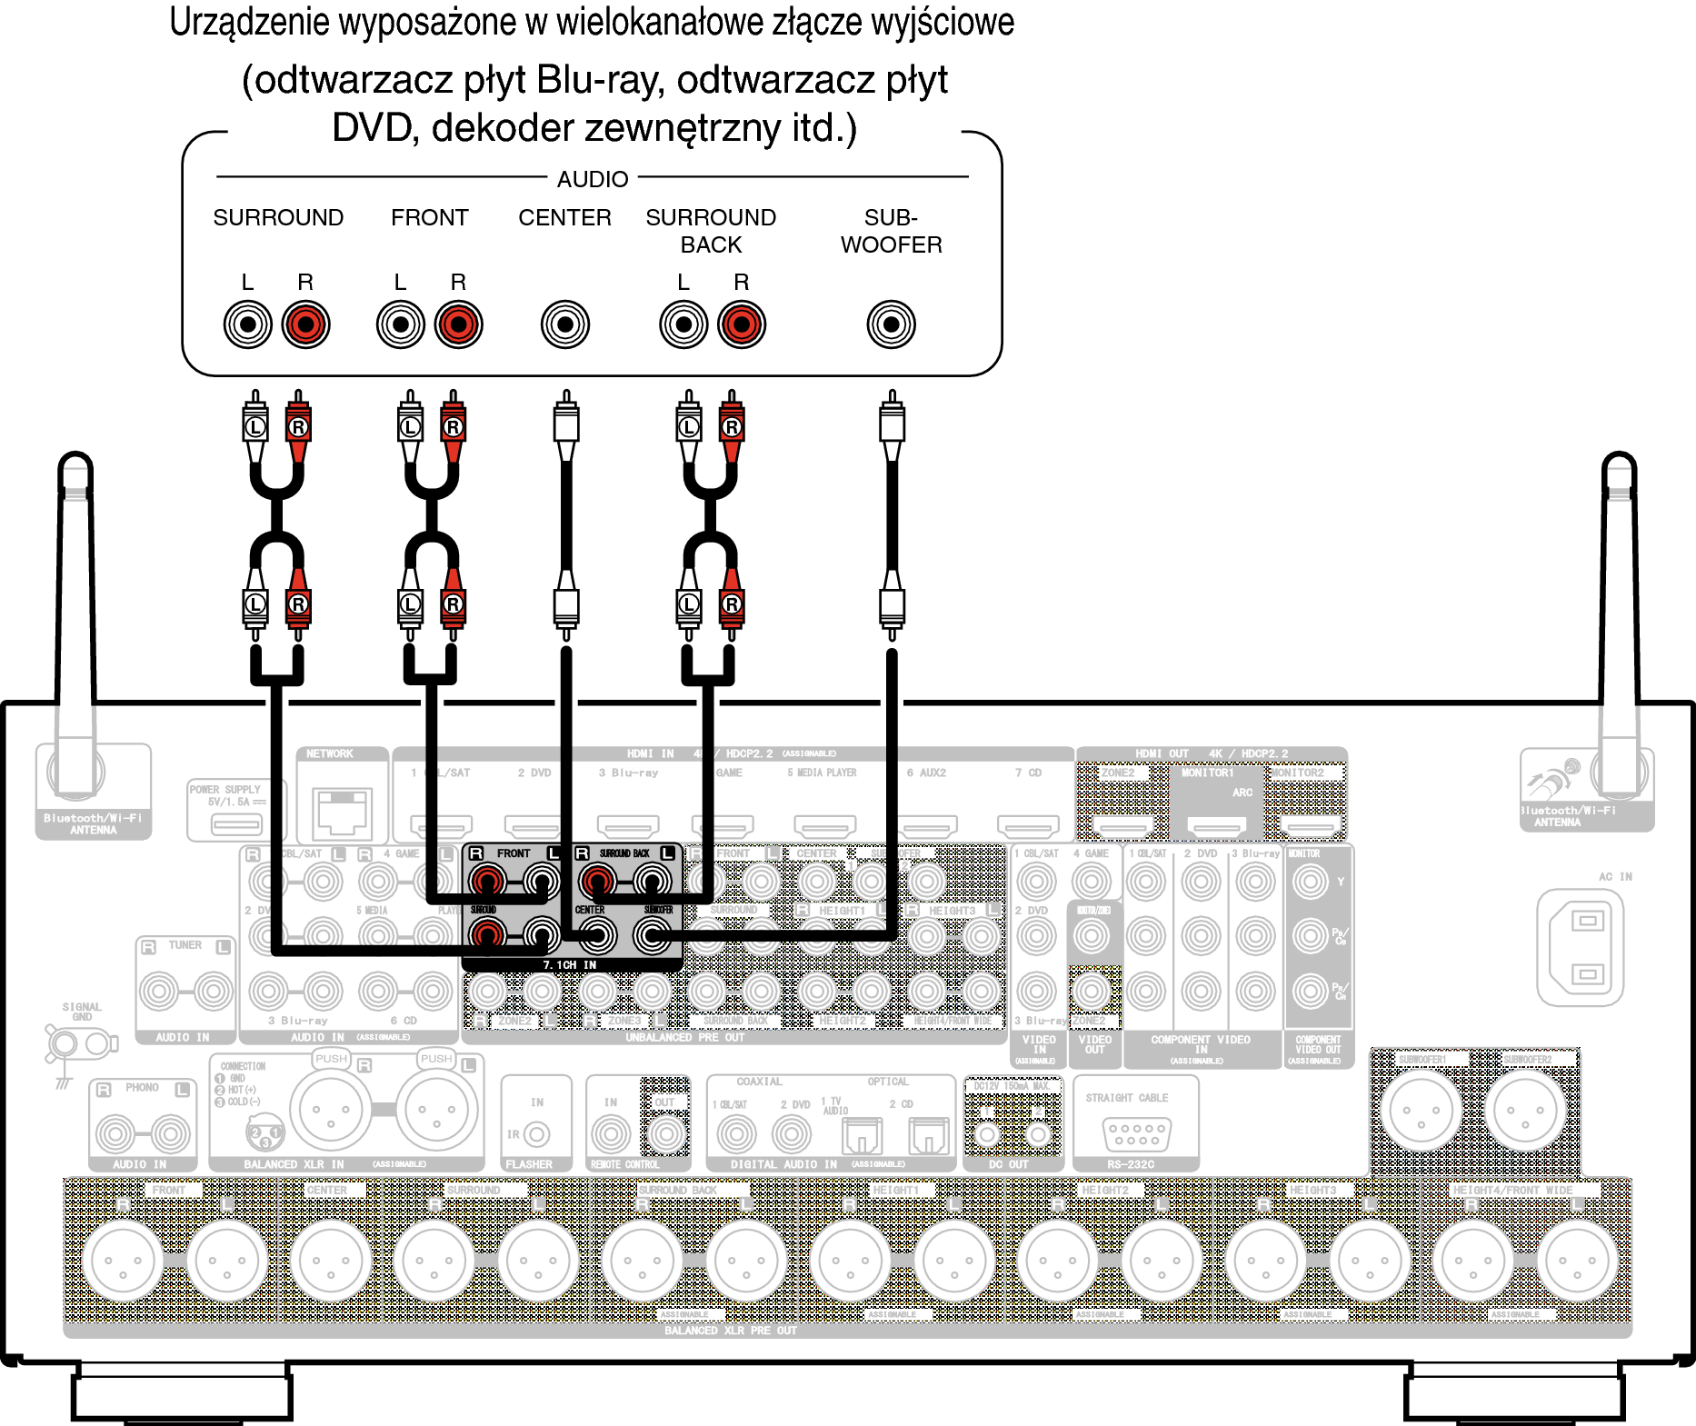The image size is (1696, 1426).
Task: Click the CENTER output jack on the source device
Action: [564, 324]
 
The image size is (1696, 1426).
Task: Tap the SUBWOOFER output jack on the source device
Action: [891, 324]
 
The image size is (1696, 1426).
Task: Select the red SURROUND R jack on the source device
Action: [305, 324]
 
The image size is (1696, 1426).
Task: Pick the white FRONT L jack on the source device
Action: [400, 324]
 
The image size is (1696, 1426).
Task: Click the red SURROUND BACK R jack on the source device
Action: [742, 324]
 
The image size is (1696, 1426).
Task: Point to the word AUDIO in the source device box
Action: [593, 179]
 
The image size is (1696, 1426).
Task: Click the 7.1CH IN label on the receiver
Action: [570, 964]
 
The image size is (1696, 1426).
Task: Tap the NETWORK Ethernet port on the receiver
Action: [342, 812]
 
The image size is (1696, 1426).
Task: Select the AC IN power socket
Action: [1587, 948]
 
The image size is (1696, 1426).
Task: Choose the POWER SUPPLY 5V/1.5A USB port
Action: [236, 824]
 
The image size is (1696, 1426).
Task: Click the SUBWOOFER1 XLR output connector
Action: [1422, 1110]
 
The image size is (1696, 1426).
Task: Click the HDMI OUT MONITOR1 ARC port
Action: [1217, 826]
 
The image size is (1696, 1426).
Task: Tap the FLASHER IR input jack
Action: [537, 1134]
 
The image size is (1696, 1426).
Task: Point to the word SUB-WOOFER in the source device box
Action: [891, 231]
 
